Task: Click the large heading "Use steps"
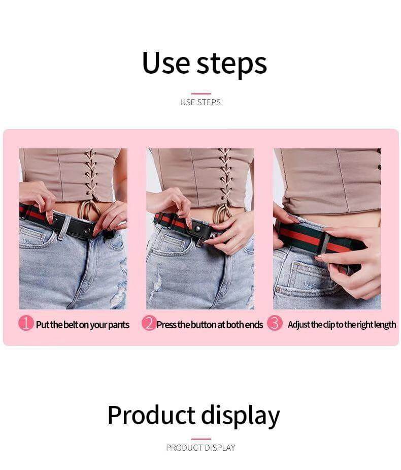[x=204, y=63]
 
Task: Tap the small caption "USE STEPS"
[x=201, y=102]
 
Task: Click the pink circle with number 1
[x=26, y=323]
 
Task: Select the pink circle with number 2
[x=148, y=323]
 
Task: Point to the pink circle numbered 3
[x=275, y=323]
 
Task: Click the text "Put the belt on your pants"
[x=83, y=325]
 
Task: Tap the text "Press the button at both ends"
[x=210, y=325]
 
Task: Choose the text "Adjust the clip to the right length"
[x=342, y=325]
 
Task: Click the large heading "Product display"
[x=193, y=415]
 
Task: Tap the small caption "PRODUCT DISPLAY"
[x=201, y=448]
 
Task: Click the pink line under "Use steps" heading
[x=201, y=93]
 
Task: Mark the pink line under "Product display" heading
[x=201, y=439]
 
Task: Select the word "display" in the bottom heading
[x=241, y=416]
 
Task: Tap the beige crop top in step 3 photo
[x=330, y=180]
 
